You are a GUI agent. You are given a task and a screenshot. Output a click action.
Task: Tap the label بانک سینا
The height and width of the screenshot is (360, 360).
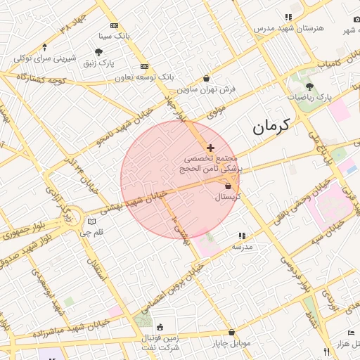coord(115,34)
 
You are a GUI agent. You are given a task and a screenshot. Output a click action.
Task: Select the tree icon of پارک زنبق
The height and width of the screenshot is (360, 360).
coord(98,52)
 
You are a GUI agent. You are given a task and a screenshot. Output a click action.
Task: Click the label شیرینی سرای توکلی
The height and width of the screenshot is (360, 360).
coord(42,57)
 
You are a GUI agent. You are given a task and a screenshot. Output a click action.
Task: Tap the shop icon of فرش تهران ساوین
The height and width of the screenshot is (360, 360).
coord(206,78)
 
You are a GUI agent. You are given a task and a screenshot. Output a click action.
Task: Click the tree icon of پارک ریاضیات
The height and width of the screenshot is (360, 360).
coord(309,86)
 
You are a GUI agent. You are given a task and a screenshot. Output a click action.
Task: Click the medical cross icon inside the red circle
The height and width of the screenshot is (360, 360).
coord(210,148)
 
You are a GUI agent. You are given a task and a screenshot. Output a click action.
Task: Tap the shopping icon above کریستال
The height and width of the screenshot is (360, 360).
coord(228,186)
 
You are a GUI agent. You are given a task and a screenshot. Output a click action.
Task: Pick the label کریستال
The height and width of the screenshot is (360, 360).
coord(227,197)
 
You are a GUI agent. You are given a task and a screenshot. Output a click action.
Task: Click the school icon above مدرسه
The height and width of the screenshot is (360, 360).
coord(242,236)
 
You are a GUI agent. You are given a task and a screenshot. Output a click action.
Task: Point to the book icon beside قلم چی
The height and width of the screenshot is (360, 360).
coord(91,221)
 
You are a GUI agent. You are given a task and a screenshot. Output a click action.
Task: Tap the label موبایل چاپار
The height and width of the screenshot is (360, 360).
coord(231,344)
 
